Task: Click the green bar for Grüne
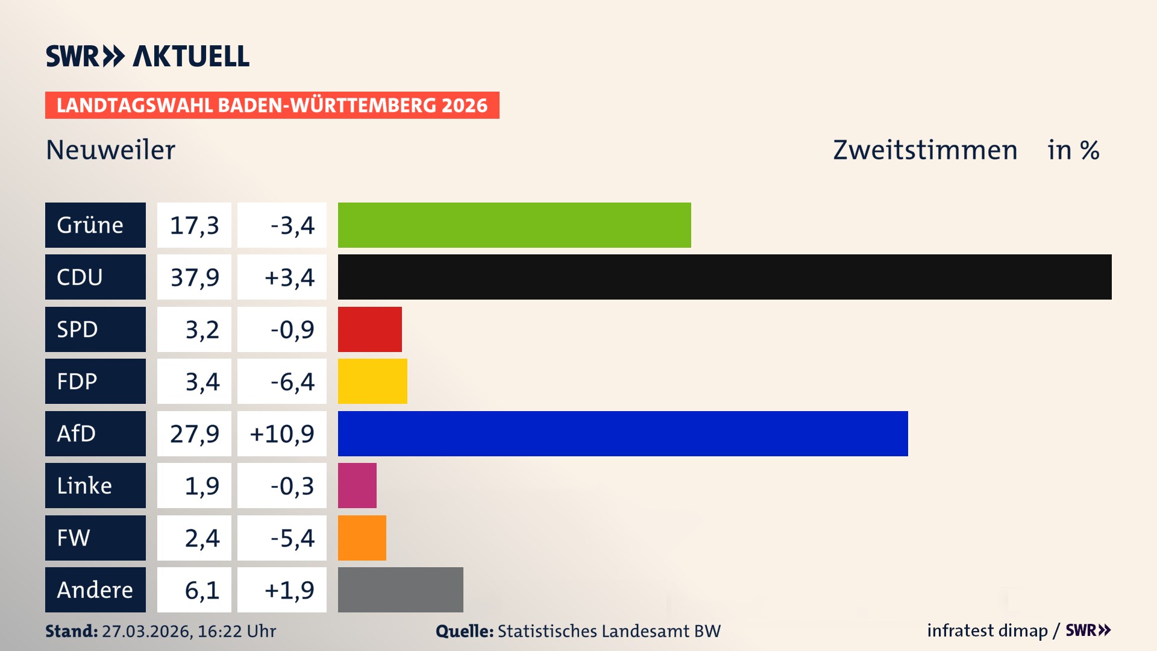(x=514, y=225)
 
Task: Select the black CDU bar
(x=724, y=277)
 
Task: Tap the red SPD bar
(x=369, y=329)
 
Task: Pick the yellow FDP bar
(x=372, y=381)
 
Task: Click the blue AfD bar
(x=622, y=433)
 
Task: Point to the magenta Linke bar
(x=357, y=485)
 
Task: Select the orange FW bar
(x=362, y=538)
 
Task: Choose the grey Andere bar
(x=400, y=590)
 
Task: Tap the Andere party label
(x=95, y=590)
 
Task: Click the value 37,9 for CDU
(x=194, y=277)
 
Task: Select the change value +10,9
(x=282, y=433)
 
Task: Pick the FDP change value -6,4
(x=292, y=382)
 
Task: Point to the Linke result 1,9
(x=201, y=486)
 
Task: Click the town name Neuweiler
(x=110, y=149)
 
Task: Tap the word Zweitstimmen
(x=925, y=149)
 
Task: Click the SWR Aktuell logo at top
(x=147, y=56)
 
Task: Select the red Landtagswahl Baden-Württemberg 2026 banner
(x=272, y=105)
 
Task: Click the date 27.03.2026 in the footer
(x=146, y=631)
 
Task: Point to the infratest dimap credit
(x=986, y=631)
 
